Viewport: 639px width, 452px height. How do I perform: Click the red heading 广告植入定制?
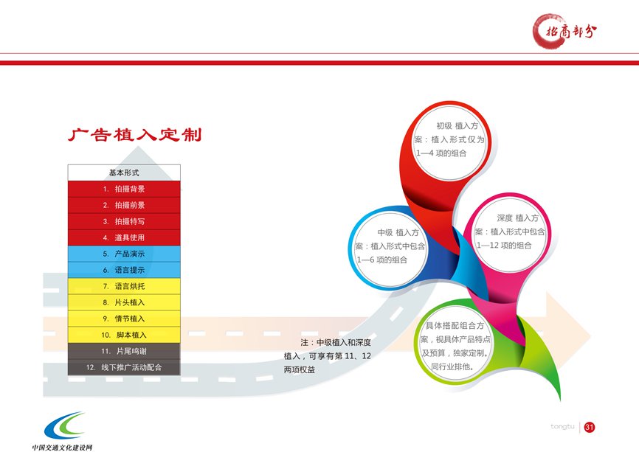coord(135,135)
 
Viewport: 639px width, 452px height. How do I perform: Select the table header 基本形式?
coord(124,173)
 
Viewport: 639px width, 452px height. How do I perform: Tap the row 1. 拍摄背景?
coord(124,189)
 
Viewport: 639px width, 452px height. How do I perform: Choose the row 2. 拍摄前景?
coord(124,205)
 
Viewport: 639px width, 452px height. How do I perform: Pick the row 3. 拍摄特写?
coord(124,221)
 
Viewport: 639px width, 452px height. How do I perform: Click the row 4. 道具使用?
coord(124,237)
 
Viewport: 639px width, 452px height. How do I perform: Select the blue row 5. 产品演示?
coord(124,254)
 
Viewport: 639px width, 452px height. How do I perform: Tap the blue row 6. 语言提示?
coord(124,270)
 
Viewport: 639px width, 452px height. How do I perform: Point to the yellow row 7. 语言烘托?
coord(124,286)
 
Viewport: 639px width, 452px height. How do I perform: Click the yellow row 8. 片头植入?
coord(124,302)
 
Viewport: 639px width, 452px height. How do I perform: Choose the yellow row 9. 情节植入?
coord(124,319)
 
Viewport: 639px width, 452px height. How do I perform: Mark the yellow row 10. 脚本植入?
coord(124,335)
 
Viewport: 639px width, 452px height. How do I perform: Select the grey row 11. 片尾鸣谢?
coord(124,351)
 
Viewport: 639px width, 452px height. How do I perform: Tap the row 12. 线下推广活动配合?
coord(124,367)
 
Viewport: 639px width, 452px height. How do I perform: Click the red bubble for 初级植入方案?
coord(450,141)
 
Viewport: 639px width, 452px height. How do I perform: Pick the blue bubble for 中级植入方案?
coord(390,247)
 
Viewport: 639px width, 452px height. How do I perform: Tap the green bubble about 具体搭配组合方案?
coord(455,344)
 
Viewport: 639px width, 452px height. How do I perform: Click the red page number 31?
coord(590,427)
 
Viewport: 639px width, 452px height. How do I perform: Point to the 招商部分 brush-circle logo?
coord(564,31)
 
